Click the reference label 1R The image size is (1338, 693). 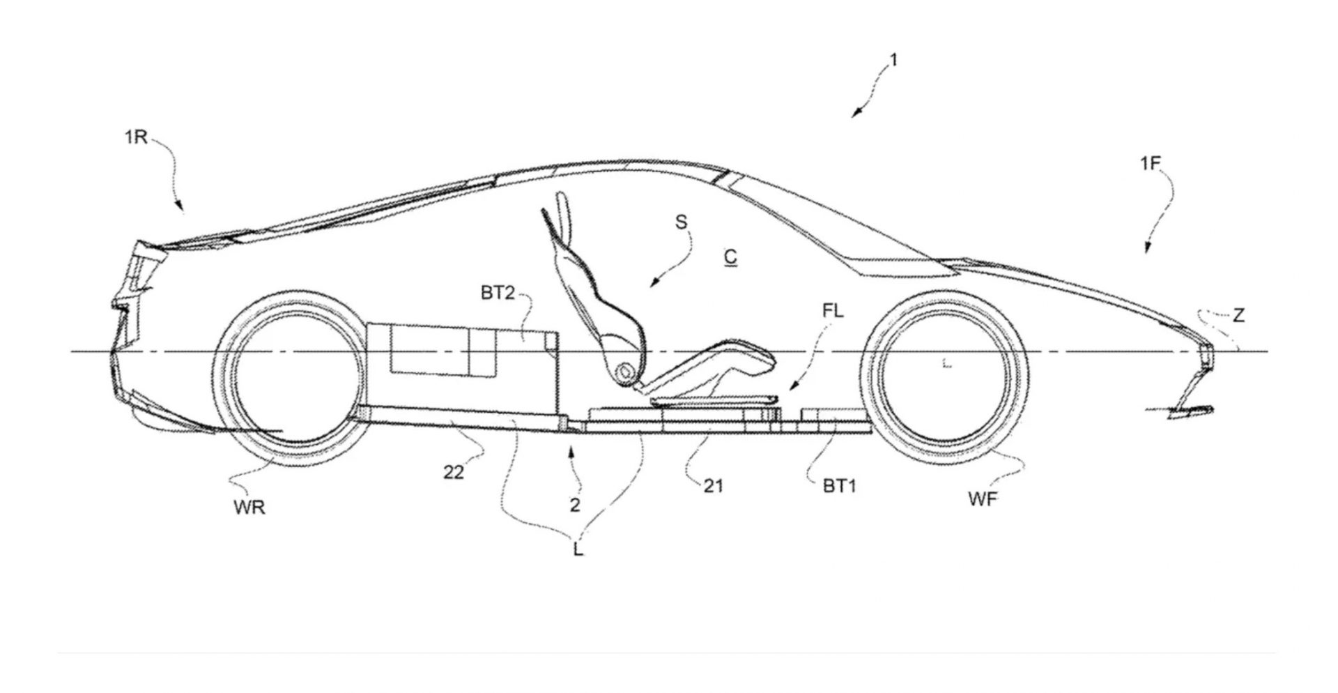(x=136, y=137)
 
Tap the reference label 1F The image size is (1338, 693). (x=1151, y=164)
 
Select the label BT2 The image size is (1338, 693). (x=497, y=293)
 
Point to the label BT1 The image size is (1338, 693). (x=839, y=486)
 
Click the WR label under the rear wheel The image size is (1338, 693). (x=249, y=508)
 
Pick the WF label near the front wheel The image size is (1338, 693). (x=983, y=498)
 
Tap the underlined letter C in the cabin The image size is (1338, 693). (x=730, y=257)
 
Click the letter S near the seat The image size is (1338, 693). (x=681, y=222)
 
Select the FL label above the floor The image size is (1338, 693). (x=833, y=311)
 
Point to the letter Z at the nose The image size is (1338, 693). (x=1238, y=316)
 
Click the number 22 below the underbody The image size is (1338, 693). (x=454, y=472)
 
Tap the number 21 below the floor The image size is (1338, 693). (x=713, y=485)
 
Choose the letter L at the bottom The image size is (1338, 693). (x=578, y=550)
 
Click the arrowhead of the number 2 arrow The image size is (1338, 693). (x=572, y=451)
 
